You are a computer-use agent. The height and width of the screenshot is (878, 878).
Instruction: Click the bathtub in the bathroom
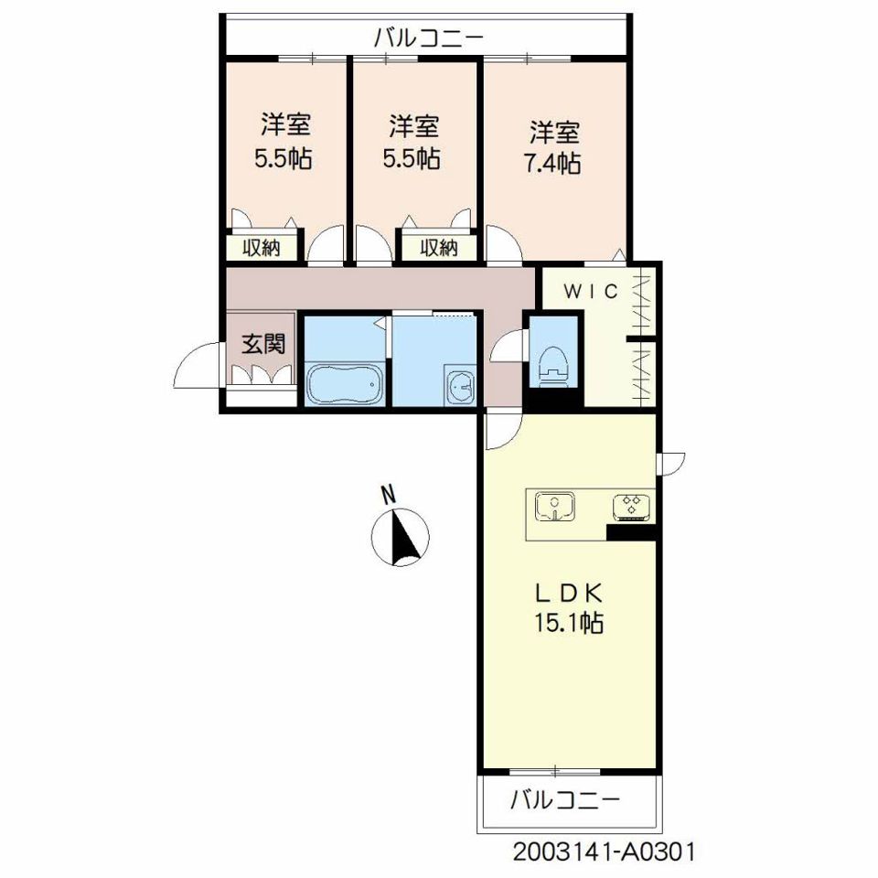[x=344, y=383]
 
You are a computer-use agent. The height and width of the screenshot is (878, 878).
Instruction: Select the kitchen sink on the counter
[x=554, y=507]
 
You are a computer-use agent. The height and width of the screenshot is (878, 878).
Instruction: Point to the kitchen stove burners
[x=632, y=506]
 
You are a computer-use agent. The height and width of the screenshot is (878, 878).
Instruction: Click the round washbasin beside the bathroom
[x=461, y=385]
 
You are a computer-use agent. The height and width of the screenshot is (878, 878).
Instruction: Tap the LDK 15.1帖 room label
[x=568, y=607]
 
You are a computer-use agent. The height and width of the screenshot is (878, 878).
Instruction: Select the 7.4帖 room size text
[x=552, y=163]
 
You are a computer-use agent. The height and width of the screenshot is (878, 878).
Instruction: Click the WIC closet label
[x=591, y=291]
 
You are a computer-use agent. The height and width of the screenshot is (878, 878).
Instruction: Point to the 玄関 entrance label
[x=262, y=344]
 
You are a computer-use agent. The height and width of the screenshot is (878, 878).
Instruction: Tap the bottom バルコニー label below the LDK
[x=565, y=800]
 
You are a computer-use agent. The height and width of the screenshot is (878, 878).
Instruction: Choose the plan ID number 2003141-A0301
[x=604, y=851]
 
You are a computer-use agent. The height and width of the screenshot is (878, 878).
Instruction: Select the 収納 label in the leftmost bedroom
[x=262, y=248]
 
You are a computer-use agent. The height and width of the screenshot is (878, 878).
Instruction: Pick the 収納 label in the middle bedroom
[x=438, y=248]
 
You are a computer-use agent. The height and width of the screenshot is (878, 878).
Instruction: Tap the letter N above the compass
[x=388, y=496]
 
